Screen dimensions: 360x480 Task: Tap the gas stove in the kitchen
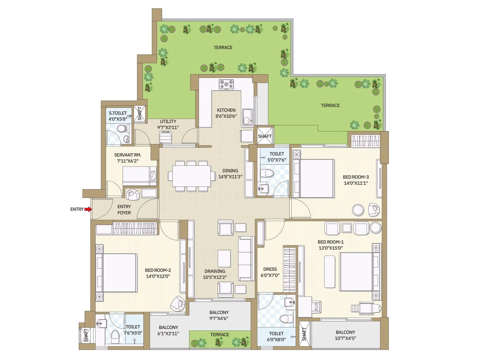pos(226,84)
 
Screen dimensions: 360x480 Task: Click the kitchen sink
pos(247,117)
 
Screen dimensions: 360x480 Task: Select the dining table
pos(191,176)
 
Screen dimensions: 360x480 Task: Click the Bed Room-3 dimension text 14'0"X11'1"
pos(356,183)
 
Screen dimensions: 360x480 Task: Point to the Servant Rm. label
pos(127,155)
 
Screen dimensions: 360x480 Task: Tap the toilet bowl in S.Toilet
pos(121,129)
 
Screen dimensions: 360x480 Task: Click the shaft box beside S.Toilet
pos(140,114)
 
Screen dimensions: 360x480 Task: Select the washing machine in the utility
pos(166,137)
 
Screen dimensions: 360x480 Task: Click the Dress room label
pos(270,269)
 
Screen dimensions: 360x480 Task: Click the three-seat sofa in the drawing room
pos(246,259)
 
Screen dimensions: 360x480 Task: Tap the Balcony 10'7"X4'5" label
pos(345,335)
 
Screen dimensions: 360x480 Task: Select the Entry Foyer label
pos(124,209)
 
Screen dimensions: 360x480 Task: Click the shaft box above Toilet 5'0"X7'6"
pos(265,136)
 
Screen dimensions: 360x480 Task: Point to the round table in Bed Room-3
pos(358,210)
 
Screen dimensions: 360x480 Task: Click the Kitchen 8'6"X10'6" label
pos(226,113)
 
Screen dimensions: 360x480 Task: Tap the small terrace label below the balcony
pos(219,334)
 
